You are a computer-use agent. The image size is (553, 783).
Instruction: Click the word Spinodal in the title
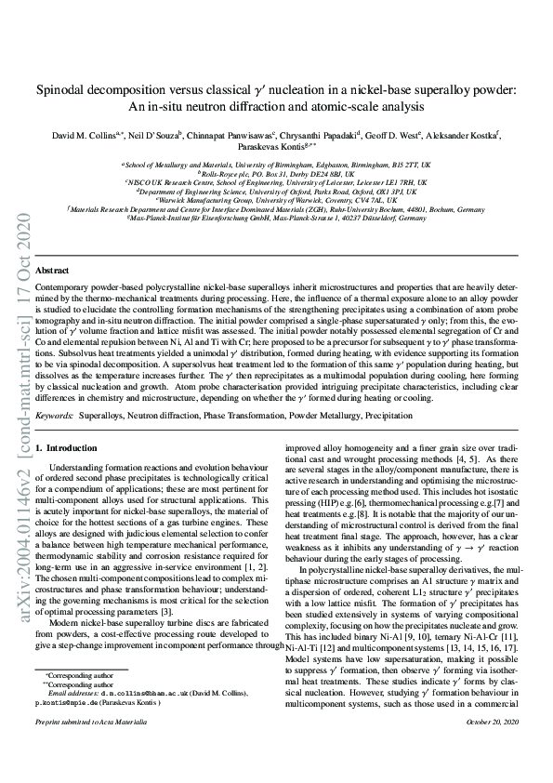(x=63, y=90)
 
